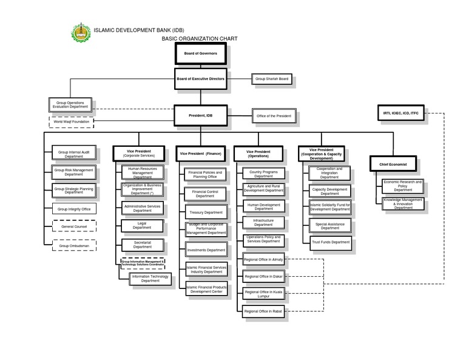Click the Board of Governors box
[200, 53]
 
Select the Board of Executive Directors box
[200, 79]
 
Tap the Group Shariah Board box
[272, 79]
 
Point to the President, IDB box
[200, 115]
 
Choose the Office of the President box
[274, 116]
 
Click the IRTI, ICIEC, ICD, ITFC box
[400, 113]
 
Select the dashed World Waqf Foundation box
[71, 122]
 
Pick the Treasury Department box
[205, 212]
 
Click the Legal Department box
[142, 226]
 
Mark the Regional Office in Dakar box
[263, 276]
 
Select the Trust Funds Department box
[330, 242]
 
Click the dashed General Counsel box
[74, 226]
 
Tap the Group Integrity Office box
[74, 209]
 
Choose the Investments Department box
[205, 250]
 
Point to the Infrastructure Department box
[263, 223]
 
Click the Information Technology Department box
[150, 279]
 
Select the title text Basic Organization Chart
[199, 38]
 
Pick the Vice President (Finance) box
[200, 154]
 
